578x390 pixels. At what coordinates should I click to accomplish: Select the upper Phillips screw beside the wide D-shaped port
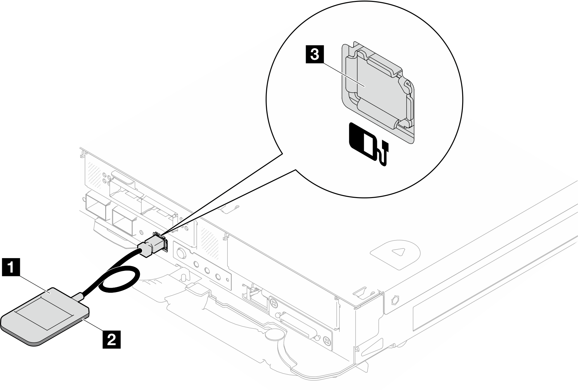point(273,303)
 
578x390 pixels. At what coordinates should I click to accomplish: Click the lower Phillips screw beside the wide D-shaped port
point(327,340)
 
